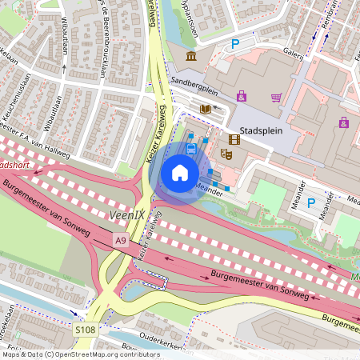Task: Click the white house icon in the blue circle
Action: tap(180, 172)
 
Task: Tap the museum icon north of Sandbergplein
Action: tap(191, 56)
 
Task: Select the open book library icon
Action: tap(206, 108)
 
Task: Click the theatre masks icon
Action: tap(226, 153)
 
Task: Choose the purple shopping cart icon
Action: tap(276, 98)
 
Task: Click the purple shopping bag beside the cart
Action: tap(242, 96)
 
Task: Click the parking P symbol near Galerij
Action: tap(235, 45)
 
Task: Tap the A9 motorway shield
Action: tap(120, 240)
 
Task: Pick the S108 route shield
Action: tap(86, 329)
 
